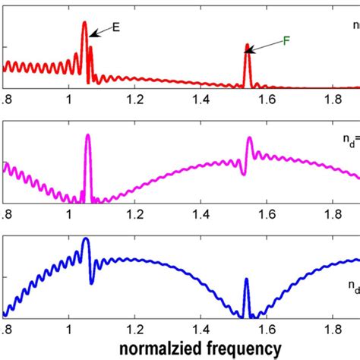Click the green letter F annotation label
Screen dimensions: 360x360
tap(286, 39)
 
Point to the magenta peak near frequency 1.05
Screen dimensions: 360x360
tap(88, 137)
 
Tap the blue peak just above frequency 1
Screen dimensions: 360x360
tap(85, 242)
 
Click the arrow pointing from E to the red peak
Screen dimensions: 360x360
tap(100, 30)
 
